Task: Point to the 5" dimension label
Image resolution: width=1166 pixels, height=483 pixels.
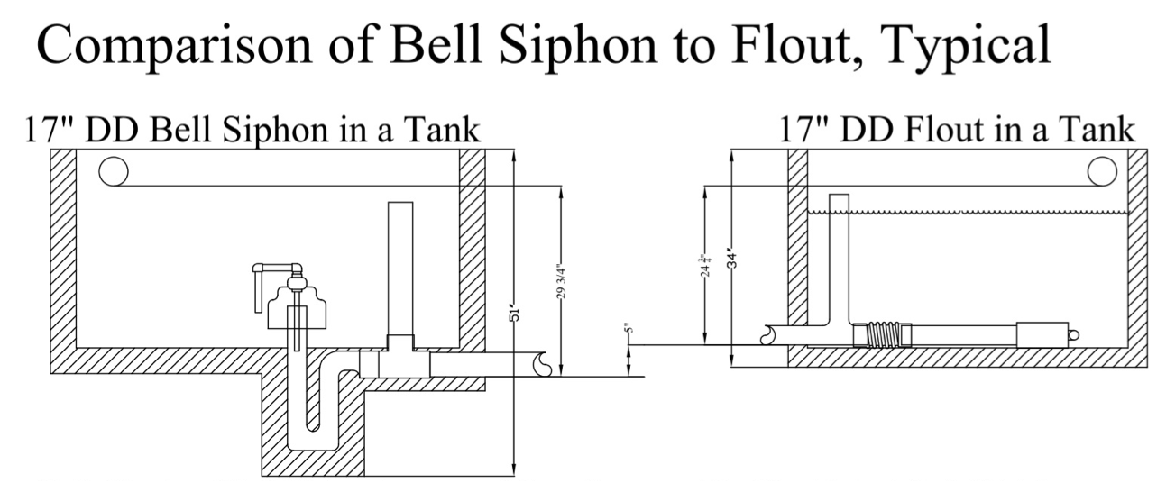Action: pos(630,330)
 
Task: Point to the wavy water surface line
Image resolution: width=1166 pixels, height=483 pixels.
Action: pos(965,212)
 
